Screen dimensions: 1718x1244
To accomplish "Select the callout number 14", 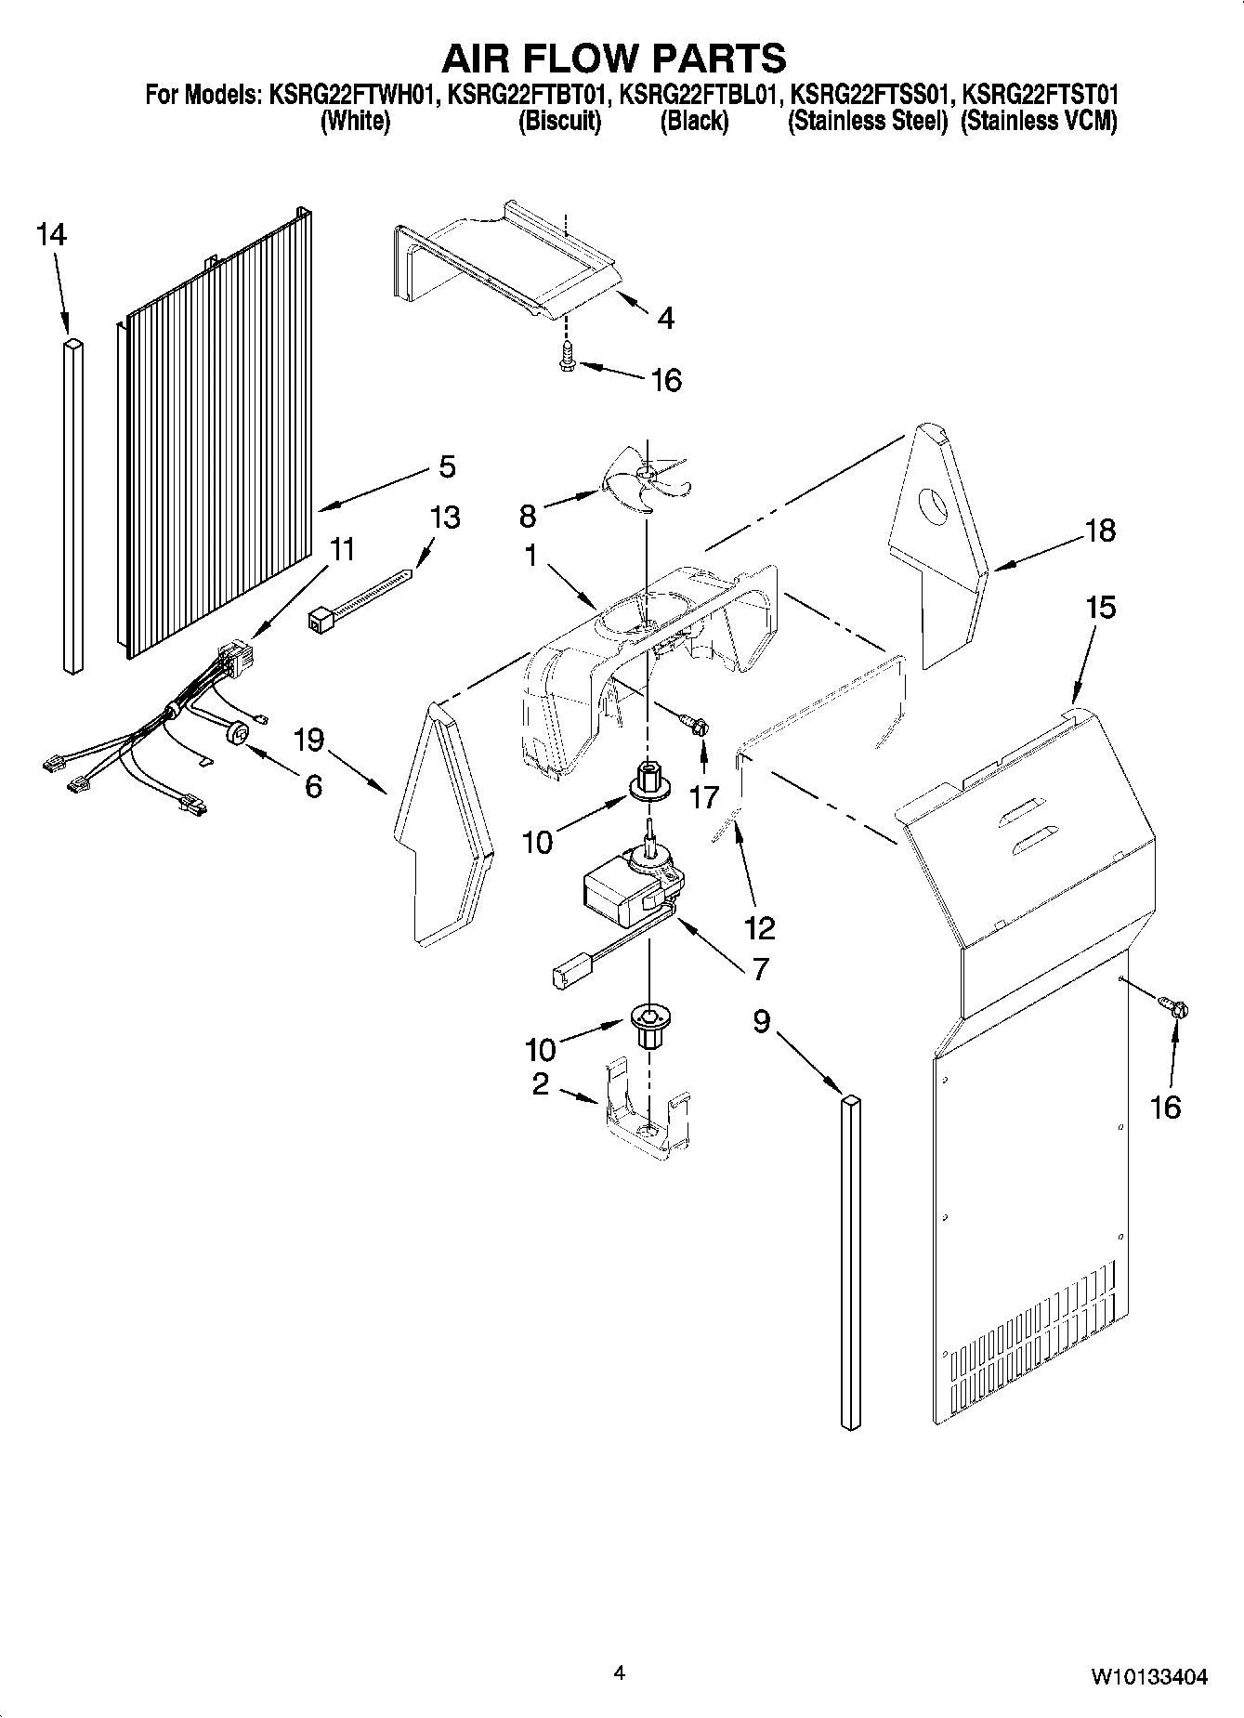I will (52, 236).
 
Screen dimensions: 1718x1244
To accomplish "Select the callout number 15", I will (1099, 609).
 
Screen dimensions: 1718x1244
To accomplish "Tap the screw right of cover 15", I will (1172, 1006).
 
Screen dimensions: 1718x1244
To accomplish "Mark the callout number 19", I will (308, 740).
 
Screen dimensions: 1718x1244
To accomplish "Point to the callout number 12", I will (759, 927).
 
